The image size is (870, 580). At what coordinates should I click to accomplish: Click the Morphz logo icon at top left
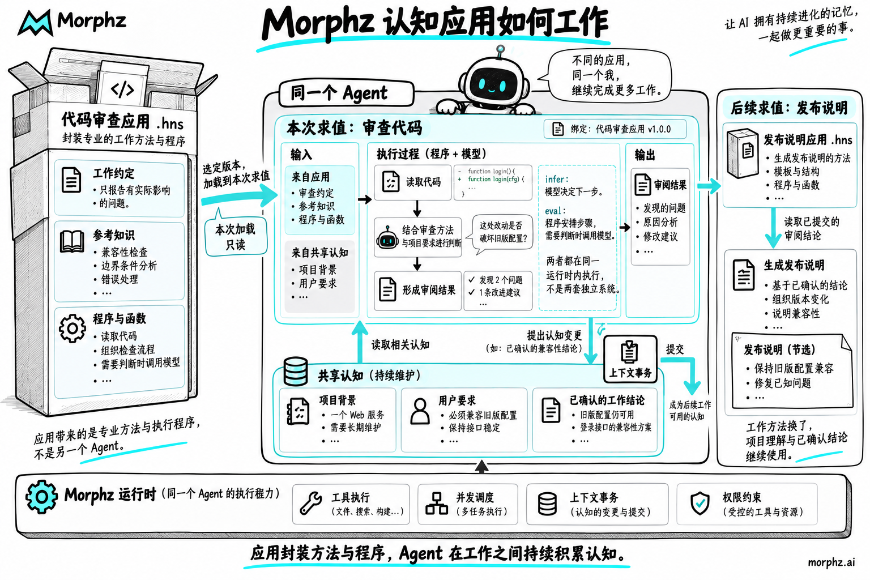[35, 23]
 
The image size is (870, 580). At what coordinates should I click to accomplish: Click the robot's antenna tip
[501, 49]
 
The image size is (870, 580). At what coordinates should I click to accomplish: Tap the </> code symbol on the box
[122, 89]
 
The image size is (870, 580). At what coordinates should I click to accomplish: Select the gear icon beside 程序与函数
[72, 329]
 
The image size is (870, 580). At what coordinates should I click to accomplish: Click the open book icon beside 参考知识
[72, 241]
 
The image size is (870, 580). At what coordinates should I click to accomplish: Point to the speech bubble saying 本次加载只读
[236, 235]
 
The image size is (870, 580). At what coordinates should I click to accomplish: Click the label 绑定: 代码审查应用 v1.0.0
[620, 129]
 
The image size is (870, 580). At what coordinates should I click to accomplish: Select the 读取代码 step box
[413, 182]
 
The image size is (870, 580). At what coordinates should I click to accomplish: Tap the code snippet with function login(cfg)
[492, 182]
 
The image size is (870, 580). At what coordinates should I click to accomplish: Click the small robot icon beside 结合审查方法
[387, 237]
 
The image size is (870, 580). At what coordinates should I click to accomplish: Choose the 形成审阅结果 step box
[417, 290]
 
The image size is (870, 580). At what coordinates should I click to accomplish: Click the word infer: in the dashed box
[557, 179]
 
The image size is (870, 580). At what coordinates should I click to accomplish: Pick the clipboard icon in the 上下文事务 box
[629, 352]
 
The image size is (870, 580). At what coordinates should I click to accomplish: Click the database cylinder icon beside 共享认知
[296, 371]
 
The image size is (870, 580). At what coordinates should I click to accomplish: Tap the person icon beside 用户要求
[420, 411]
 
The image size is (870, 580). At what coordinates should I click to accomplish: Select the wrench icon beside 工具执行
[311, 503]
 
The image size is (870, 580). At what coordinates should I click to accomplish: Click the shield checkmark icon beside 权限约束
[700, 503]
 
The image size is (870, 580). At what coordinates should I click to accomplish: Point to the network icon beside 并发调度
[437, 504]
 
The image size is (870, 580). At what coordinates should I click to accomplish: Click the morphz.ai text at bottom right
[831, 562]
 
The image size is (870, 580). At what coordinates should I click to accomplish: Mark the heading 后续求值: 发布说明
[789, 108]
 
